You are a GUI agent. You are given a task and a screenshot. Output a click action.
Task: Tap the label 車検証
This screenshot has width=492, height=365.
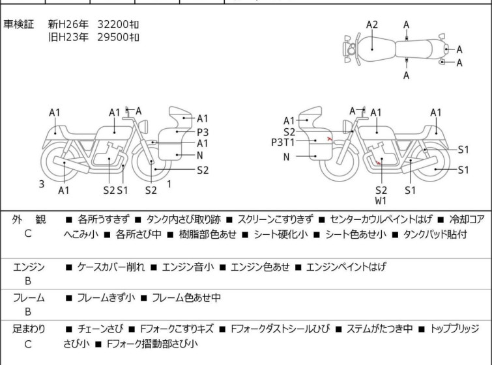point(18,24)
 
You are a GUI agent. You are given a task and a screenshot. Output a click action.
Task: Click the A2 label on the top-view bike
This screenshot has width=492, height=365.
point(372,25)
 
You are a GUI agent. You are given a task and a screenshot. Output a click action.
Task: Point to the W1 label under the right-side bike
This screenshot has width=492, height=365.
point(381,201)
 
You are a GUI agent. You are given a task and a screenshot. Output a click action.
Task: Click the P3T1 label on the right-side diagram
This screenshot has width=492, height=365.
point(283,142)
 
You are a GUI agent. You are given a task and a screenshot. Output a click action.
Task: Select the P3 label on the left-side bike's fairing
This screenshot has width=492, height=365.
point(203,132)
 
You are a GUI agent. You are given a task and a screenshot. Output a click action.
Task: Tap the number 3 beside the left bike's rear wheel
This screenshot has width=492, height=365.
point(42,184)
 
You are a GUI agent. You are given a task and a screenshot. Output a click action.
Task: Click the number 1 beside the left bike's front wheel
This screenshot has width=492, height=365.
point(169,184)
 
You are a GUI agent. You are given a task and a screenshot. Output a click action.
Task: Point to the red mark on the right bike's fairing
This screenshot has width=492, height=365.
point(329,139)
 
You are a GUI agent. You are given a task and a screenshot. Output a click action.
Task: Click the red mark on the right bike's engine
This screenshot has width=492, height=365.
point(379,162)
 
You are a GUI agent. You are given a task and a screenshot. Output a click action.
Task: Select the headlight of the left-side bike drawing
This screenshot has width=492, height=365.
point(143,126)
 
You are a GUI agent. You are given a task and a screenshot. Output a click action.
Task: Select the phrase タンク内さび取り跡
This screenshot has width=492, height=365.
point(184,219)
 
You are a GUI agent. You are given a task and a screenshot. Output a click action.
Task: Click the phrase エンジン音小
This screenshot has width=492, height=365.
point(188,267)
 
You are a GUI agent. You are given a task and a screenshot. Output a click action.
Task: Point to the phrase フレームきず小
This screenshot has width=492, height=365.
point(106,297)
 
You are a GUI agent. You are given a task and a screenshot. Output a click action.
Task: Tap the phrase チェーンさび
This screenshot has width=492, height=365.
point(100,329)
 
